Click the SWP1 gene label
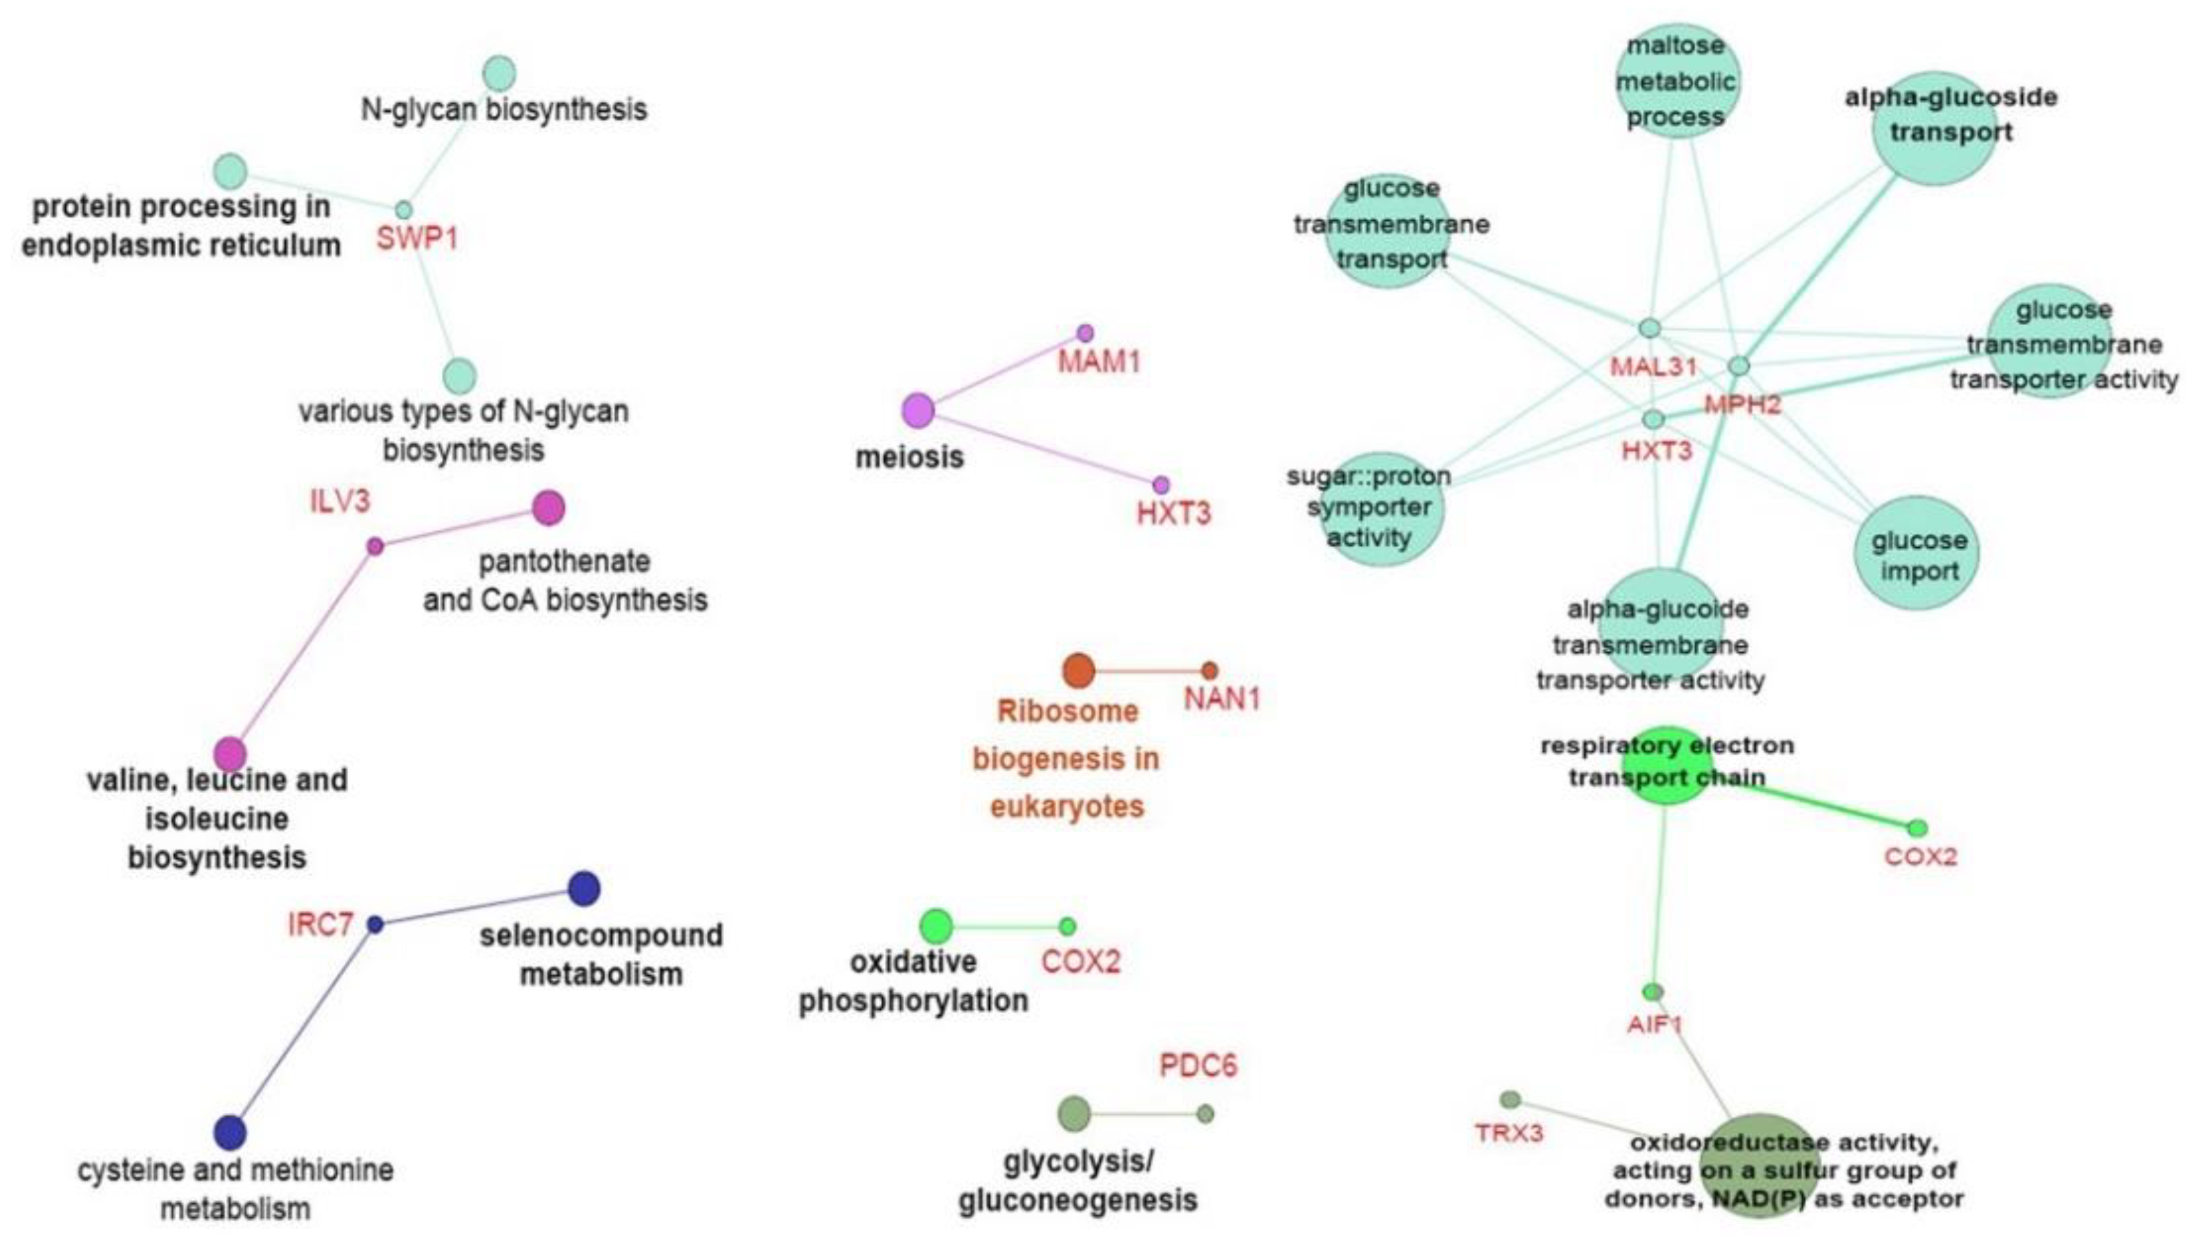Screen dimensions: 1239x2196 click(417, 239)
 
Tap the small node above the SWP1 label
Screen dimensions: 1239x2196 click(404, 210)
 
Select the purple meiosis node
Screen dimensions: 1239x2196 click(917, 411)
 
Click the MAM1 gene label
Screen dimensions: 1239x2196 click(1099, 362)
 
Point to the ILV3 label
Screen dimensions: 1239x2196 click(340, 501)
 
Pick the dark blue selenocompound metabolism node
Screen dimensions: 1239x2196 click(584, 889)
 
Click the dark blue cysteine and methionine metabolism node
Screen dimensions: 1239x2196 click(230, 1133)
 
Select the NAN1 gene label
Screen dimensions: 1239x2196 click(1222, 699)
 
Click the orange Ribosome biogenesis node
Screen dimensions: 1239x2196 click(1078, 671)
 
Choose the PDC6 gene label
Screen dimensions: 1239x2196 click(1198, 1065)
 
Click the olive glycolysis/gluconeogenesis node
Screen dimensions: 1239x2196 click(1074, 1112)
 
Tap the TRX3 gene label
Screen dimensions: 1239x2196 click(1509, 1133)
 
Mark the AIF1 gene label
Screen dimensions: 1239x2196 click(1654, 1023)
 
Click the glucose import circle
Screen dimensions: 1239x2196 click(1917, 554)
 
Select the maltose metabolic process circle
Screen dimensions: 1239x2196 click(1676, 81)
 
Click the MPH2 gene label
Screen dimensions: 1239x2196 click(1743, 404)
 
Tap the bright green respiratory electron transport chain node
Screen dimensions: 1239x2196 click(1667, 765)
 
